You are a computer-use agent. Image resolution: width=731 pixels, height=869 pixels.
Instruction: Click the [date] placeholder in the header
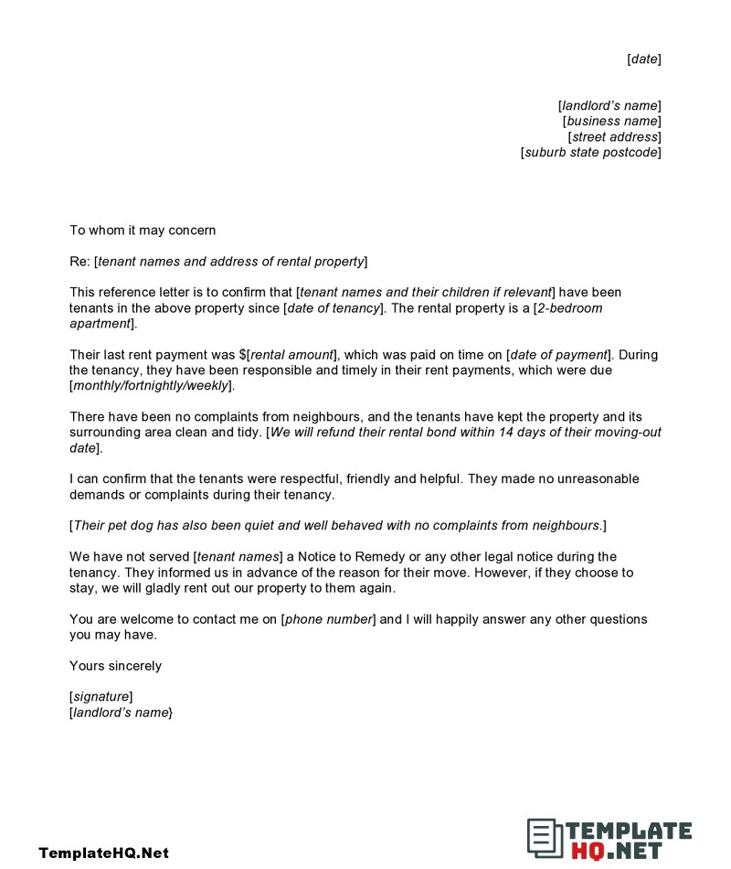(x=644, y=59)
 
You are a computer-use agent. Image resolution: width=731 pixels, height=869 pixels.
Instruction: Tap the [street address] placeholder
(x=614, y=137)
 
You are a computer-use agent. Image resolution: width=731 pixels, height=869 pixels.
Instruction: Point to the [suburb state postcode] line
(x=590, y=153)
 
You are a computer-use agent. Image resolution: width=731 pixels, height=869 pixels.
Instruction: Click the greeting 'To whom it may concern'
(x=143, y=231)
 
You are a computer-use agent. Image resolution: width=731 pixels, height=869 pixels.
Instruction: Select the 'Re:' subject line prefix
(x=79, y=262)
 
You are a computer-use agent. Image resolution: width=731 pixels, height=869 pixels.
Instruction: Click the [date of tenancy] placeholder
(x=334, y=308)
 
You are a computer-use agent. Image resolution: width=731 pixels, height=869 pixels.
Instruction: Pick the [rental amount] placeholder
(x=291, y=355)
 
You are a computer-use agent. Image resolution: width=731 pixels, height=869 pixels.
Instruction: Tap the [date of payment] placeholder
(x=557, y=355)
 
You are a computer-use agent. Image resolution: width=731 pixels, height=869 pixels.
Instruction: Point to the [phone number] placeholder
(x=328, y=619)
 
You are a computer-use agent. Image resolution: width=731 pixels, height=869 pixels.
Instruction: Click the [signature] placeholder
(x=101, y=697)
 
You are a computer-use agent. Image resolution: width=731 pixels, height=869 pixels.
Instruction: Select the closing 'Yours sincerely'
(x=115, y=666)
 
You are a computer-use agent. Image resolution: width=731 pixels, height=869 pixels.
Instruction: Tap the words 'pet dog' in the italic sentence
(x=130, y=526)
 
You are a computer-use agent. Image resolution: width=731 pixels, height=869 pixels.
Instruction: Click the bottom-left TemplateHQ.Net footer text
(x=103, y=853)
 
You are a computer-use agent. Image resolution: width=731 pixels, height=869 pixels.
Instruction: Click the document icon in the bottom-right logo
(x=544, y=837)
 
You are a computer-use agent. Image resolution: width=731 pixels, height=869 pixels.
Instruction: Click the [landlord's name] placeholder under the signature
(x=121, y=713)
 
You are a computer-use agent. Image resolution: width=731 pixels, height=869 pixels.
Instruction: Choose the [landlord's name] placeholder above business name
(x=609, y=106)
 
